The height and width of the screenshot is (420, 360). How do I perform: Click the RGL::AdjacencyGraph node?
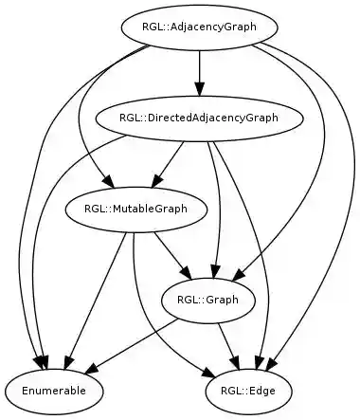click(199, 27)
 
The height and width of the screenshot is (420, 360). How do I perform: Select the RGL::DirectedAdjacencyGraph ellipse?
click(199, 118)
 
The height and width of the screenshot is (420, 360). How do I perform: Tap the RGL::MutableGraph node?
click(123, 209)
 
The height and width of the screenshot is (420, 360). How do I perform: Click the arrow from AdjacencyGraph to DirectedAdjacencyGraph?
click(199, 72)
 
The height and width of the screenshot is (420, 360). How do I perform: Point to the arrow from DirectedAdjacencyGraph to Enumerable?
click(47, 209)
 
